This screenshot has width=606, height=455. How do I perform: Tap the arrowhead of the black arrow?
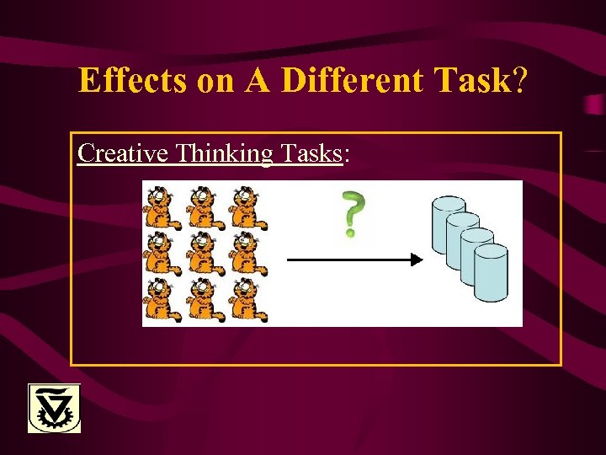(x=416, y=260)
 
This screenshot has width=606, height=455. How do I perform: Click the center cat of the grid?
(x=204, y=254)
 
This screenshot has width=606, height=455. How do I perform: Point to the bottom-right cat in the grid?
(x=247, y=301)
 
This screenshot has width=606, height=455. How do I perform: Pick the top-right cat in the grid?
(x=247, y=208)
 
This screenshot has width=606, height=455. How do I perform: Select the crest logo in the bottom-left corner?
(x=55, y=408)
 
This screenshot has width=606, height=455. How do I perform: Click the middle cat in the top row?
(x=204, y=208)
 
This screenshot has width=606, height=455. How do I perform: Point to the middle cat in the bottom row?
(x=204, y=301)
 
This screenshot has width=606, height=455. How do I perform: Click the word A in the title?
(x=259, y=81)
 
